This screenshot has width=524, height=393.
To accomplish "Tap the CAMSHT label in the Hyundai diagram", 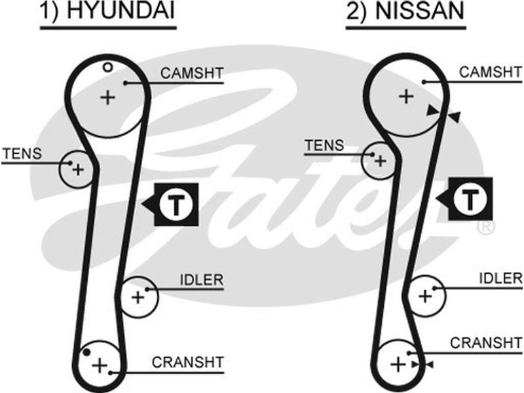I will [192, 73].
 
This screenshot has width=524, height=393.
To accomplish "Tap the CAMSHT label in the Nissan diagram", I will [490, 71].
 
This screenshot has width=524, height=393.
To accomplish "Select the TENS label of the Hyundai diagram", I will [22, 154].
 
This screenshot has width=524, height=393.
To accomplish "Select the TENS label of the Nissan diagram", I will [324, 145].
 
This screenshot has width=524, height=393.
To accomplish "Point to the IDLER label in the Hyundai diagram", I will [201, 280].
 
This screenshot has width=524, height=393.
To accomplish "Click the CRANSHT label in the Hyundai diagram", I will [188, 362].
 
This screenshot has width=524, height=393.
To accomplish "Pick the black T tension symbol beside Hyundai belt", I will [175, 204].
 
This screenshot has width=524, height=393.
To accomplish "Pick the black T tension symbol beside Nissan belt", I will [470, 198].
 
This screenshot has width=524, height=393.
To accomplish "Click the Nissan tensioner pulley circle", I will [378, 159].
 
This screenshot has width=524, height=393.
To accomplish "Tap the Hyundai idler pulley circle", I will [138, 297].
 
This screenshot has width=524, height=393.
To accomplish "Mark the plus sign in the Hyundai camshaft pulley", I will [107, 98].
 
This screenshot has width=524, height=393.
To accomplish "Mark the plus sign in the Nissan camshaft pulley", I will [406, 97].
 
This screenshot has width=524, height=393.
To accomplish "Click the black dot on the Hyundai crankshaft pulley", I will [86, 353].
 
